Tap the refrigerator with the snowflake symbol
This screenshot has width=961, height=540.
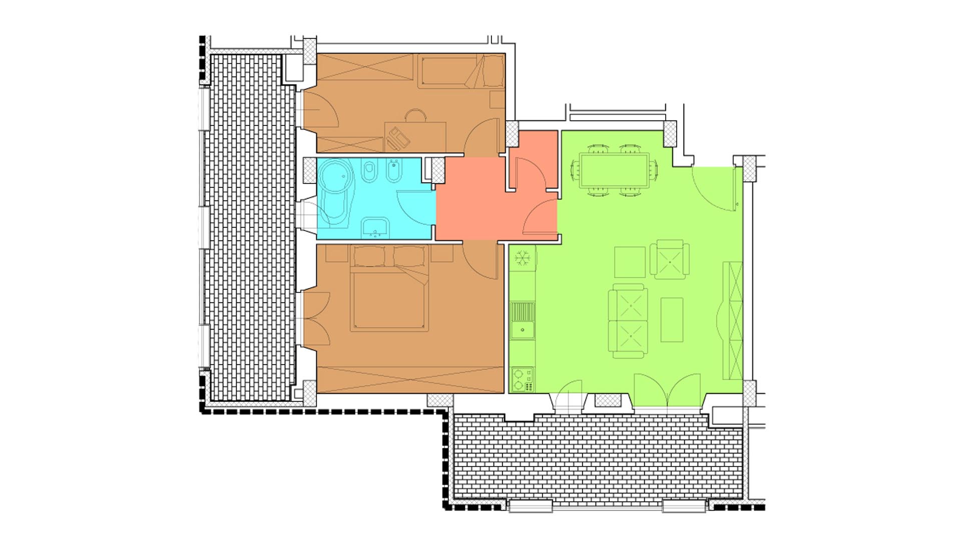point(524,258)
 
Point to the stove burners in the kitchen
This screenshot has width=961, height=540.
point(523,379)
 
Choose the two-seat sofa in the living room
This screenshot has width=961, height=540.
point(627,321)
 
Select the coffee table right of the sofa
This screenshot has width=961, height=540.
point(672,319)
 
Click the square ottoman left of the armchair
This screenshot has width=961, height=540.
point(630,262)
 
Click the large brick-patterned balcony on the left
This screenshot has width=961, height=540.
point(253,227)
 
